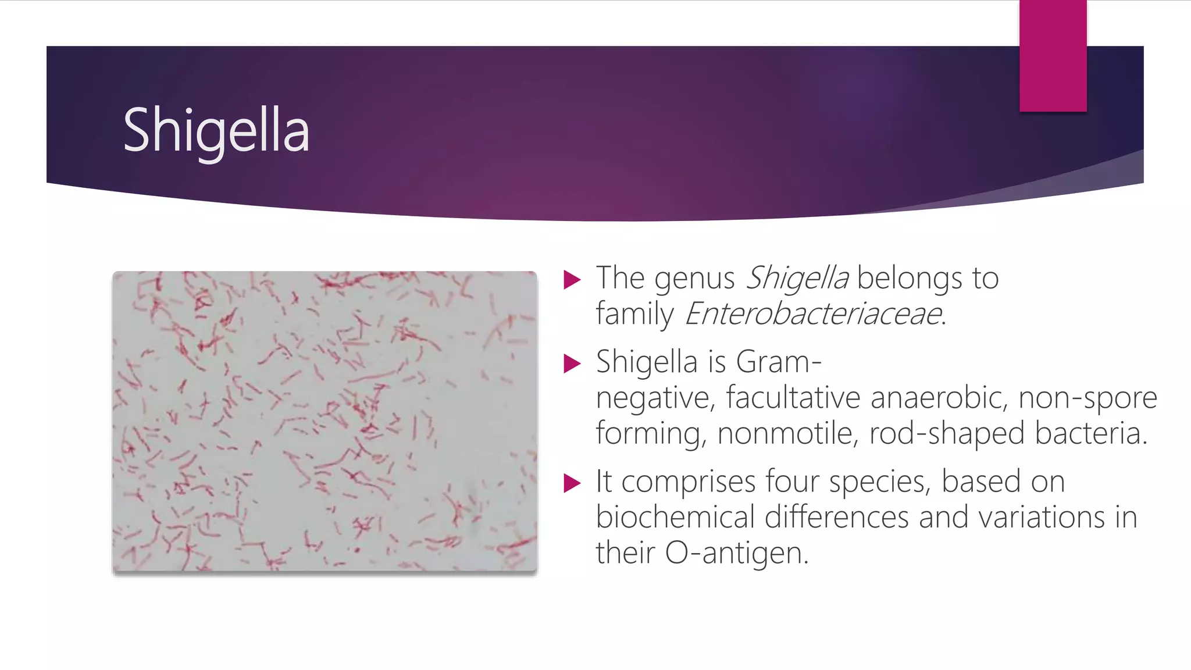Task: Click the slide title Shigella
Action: click(216, 131)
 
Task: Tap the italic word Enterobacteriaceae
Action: click(813, 314)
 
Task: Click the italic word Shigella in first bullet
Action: click(797, 278)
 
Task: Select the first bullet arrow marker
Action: click(572, 280)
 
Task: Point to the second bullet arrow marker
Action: click(572, 364)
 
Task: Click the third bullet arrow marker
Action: click(572, 483)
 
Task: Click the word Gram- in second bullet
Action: click(779, 362)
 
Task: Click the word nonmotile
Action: click(787, 434)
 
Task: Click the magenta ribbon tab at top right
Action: click(1053, 56)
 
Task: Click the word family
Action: click(634, 315)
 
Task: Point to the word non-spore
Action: click(1087, 398)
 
